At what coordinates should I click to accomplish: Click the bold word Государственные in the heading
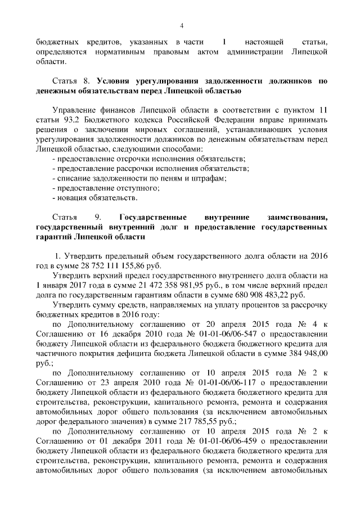pos(154,217)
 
